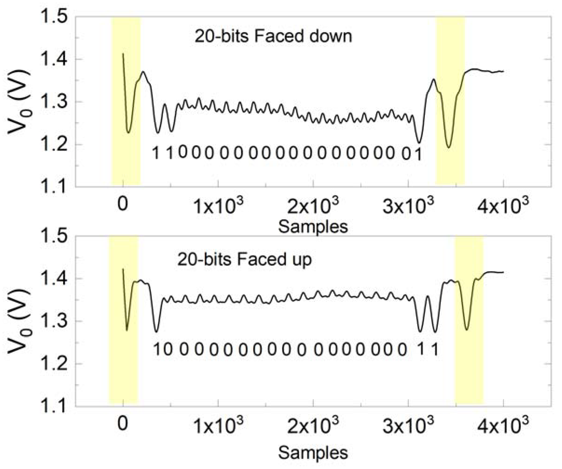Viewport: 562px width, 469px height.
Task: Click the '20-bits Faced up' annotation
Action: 244,259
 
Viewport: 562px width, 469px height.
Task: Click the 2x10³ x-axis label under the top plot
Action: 313,205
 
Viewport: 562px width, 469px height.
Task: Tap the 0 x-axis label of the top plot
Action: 123,205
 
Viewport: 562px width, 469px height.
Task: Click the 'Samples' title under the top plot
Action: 313,226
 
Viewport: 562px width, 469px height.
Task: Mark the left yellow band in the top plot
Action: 126,102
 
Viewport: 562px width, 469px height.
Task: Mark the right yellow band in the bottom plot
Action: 469,321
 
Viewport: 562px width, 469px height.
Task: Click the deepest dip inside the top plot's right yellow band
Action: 449,147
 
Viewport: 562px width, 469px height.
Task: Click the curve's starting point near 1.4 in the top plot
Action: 123,54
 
